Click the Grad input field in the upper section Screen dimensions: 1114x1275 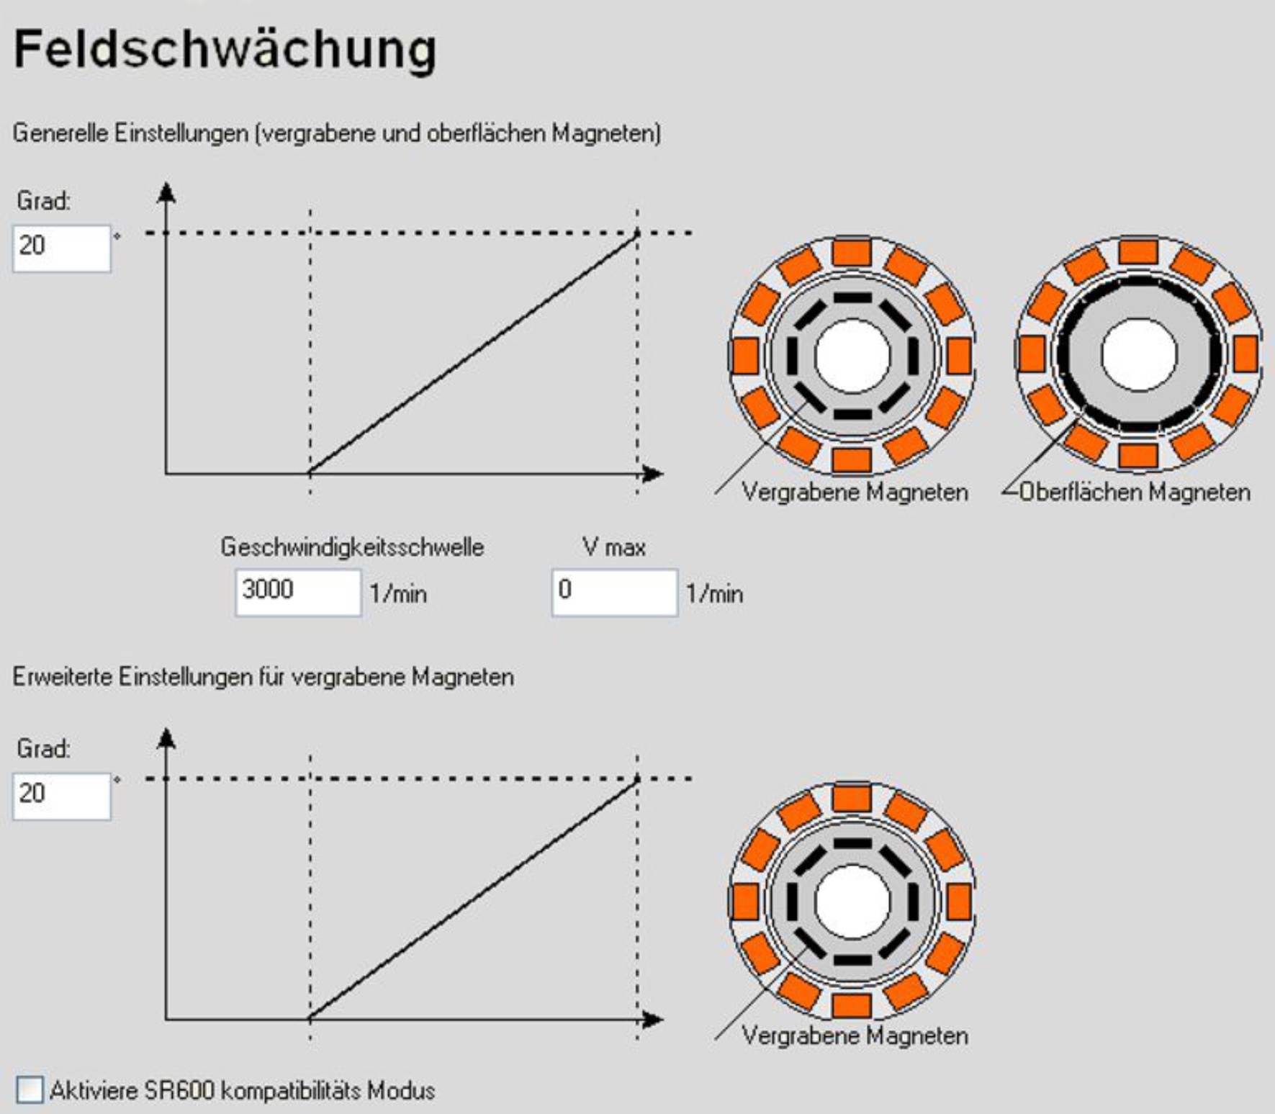tap(62, 248)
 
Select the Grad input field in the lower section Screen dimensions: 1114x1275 tap(62, 795)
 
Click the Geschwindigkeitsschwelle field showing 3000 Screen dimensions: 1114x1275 tap(297, 592)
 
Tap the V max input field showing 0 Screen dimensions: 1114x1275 tap(614, 592)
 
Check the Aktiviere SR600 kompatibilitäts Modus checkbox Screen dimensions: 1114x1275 tap(30, 1090)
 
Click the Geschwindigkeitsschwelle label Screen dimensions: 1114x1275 tap(352, 547)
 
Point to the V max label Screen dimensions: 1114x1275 tap(613, 547)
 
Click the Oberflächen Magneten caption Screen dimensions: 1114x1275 tap(1135, 492)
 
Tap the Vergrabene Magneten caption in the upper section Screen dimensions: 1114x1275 tap(855, 492)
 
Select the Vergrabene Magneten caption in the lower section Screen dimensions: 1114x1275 tap(855, 1036)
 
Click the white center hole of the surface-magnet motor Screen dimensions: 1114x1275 tap(1138, 354)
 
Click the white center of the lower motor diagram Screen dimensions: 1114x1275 tap(852, 901)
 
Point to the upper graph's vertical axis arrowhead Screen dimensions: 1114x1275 tap(166, 193)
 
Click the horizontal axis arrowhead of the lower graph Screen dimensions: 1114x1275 tap(652, 1019)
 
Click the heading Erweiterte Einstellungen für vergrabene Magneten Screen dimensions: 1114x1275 tap(263, 677)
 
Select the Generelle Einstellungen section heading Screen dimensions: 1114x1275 tap(337, 133)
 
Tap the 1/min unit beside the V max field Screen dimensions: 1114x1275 tap(714, 594)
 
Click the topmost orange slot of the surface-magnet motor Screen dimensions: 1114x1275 tap(1138, 252)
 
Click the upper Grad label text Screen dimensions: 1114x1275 tap(43, 201)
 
